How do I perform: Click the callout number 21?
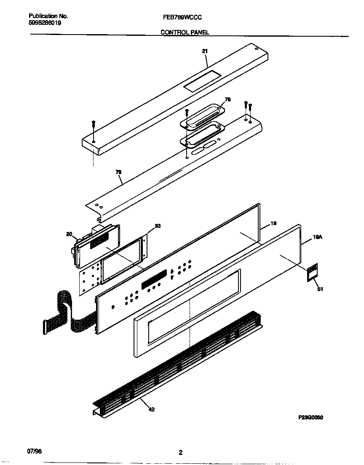[x=205, y=51]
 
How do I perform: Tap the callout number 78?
[x=227, y=99]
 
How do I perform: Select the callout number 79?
[x=118, y=172]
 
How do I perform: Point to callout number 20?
[x=69, y=234]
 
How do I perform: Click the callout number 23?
[x=158, y=226]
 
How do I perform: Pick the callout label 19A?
[x=318, y=238]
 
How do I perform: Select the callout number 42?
[x=152, y=409]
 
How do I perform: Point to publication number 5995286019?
[x=45, y=23]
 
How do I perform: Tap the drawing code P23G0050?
[x=310, y=417]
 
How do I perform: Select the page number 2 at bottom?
[x=180, y=453]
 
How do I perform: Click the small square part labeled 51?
[x=312, y=272]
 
